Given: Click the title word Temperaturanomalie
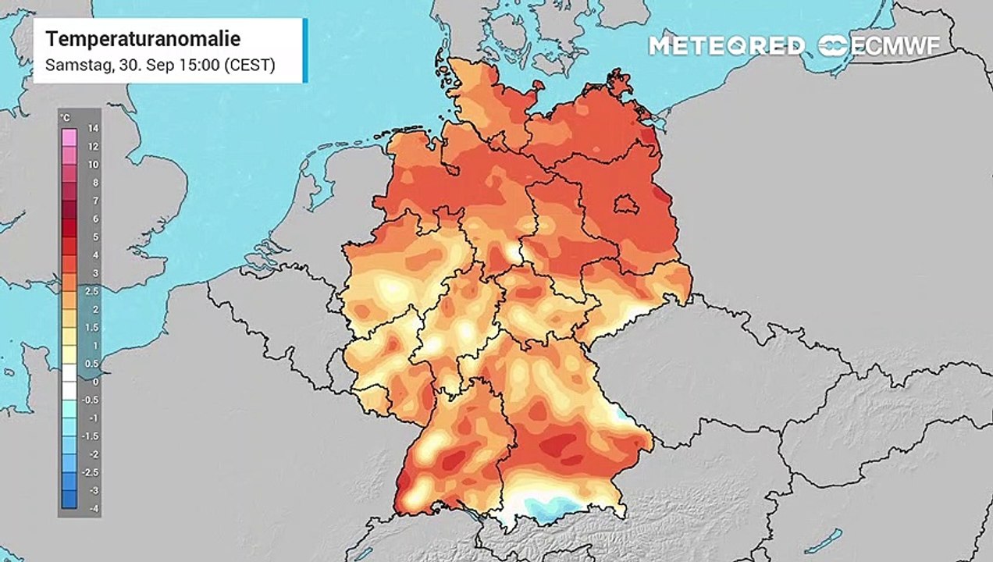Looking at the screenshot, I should (x=143, y=39).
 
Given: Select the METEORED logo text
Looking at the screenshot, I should (x=726, y=46).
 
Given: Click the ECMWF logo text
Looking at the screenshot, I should (x=894, y=46).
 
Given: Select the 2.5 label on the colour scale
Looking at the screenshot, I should (x=92, y=291).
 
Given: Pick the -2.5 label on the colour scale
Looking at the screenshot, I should (x=92, y=472).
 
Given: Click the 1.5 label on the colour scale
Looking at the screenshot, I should (x=92, y=327).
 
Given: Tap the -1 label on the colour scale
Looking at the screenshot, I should (x=92, y=418).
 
